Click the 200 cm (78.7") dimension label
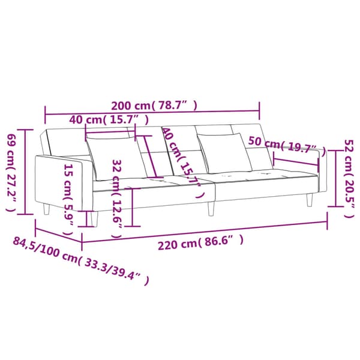coord(154,106)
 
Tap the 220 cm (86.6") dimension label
coord(200,242)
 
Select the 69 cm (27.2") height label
coord(11,172)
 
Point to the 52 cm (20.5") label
coord(349,179)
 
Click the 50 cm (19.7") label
coord(287,145)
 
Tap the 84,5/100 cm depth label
coord(81,260)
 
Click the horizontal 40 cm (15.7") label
coord(109,119)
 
